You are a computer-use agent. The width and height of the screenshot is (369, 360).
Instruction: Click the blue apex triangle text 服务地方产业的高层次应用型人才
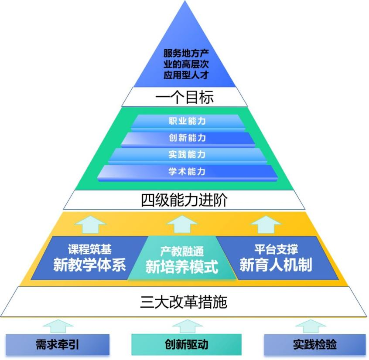(185, 64)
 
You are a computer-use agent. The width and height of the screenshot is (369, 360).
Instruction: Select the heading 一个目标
(185, 97)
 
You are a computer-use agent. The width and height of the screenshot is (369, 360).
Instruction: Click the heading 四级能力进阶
(184, 200)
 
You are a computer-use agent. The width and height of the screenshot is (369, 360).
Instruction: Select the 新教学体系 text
(89, 265)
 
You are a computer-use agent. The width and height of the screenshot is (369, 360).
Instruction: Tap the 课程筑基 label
(89, 249)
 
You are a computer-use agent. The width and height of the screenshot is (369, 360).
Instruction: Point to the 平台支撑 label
(276, 249)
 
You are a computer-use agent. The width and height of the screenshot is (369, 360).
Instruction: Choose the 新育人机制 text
(276, 265)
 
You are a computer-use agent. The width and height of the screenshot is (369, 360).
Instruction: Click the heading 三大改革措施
(184, 302)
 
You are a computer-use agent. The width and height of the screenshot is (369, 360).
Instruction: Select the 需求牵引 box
(58, 345)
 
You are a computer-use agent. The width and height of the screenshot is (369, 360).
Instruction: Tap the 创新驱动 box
(186, 345)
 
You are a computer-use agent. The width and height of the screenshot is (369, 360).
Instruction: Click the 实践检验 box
(314, 345)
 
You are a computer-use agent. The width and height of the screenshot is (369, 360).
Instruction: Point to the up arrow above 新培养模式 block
(182, 224)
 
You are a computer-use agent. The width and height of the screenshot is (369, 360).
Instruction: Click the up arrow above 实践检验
(311, 326)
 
